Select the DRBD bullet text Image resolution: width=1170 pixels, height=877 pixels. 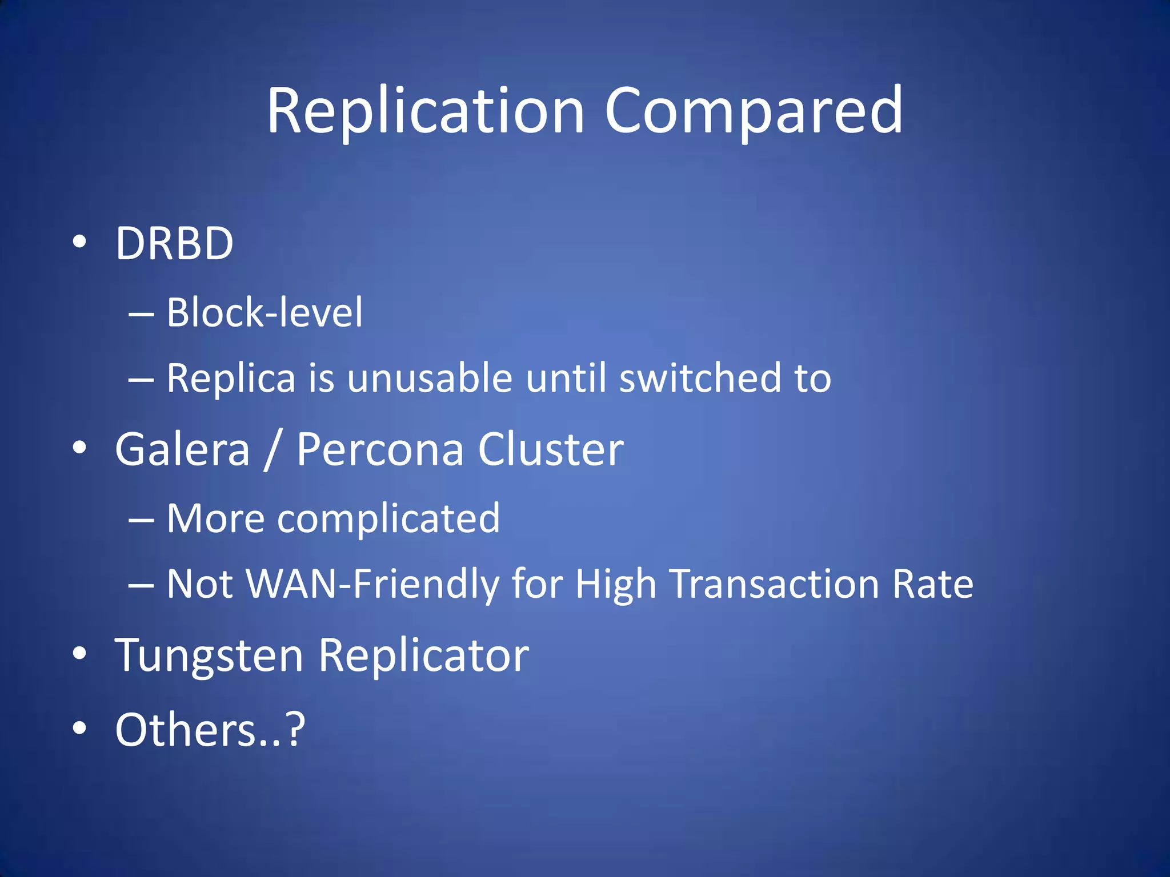pyautogui.click(x=174, y=243)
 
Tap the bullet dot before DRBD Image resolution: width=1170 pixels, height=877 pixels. pyautogui.click(x=80, y=242)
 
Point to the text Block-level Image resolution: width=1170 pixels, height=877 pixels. pyautogui.click(x=265, y=313)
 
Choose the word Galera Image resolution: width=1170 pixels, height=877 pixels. pyautogui.click(x=182, y=449)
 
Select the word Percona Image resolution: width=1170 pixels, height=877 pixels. pyautogui.click(x=380, y=449)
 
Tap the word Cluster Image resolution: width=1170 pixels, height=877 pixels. pyautogui.click(x=550, y=449)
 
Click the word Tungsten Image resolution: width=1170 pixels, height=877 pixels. pyautogui.click(x=209, y=656)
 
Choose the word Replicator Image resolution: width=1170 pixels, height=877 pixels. pyautogui.click(x=423, y=656)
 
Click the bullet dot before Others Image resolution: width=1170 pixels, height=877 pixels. pyautogui.click(x=80, y=728)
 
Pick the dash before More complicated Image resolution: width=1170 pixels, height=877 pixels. pyautogui.click(x=141, y=520)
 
